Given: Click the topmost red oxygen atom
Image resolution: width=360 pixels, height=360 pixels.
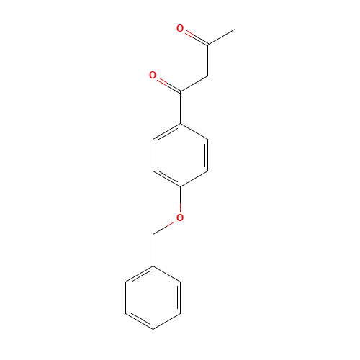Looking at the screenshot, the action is point(179,29).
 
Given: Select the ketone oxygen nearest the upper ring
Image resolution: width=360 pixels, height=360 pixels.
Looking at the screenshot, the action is point(153,75).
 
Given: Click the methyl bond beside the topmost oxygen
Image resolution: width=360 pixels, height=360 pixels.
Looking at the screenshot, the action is point(221,37).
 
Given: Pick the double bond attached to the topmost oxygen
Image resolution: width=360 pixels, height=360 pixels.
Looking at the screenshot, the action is point(194,37).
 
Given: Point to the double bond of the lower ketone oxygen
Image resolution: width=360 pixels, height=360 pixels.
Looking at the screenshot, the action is point(166,83).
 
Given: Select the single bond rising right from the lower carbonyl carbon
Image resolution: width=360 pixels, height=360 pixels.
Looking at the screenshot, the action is point(194,84).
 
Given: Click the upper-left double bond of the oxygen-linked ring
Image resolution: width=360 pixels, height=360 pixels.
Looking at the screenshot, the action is point(166,132).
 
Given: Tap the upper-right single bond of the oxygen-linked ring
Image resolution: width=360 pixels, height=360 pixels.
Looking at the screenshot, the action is point(194,132).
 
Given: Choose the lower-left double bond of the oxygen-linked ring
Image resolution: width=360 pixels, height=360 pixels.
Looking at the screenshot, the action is point(166,179).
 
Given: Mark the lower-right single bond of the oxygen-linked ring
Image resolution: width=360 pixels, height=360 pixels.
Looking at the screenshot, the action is point(194,179).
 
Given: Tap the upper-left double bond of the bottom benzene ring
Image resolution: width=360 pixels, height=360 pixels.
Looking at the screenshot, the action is point(140,274).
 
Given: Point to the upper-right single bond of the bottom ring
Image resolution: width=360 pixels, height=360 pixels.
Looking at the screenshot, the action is point(166,274).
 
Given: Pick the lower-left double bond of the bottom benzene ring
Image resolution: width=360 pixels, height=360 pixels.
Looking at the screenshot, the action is point(140,321).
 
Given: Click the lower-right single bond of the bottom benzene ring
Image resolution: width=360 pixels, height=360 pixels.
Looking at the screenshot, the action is point(166,321).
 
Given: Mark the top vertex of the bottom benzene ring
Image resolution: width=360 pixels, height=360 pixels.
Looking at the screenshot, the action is point(153,266).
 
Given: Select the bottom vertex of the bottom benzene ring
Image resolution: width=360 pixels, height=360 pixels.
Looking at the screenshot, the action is point(153,329).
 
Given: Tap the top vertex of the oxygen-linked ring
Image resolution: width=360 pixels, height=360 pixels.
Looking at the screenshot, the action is point(180,124).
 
